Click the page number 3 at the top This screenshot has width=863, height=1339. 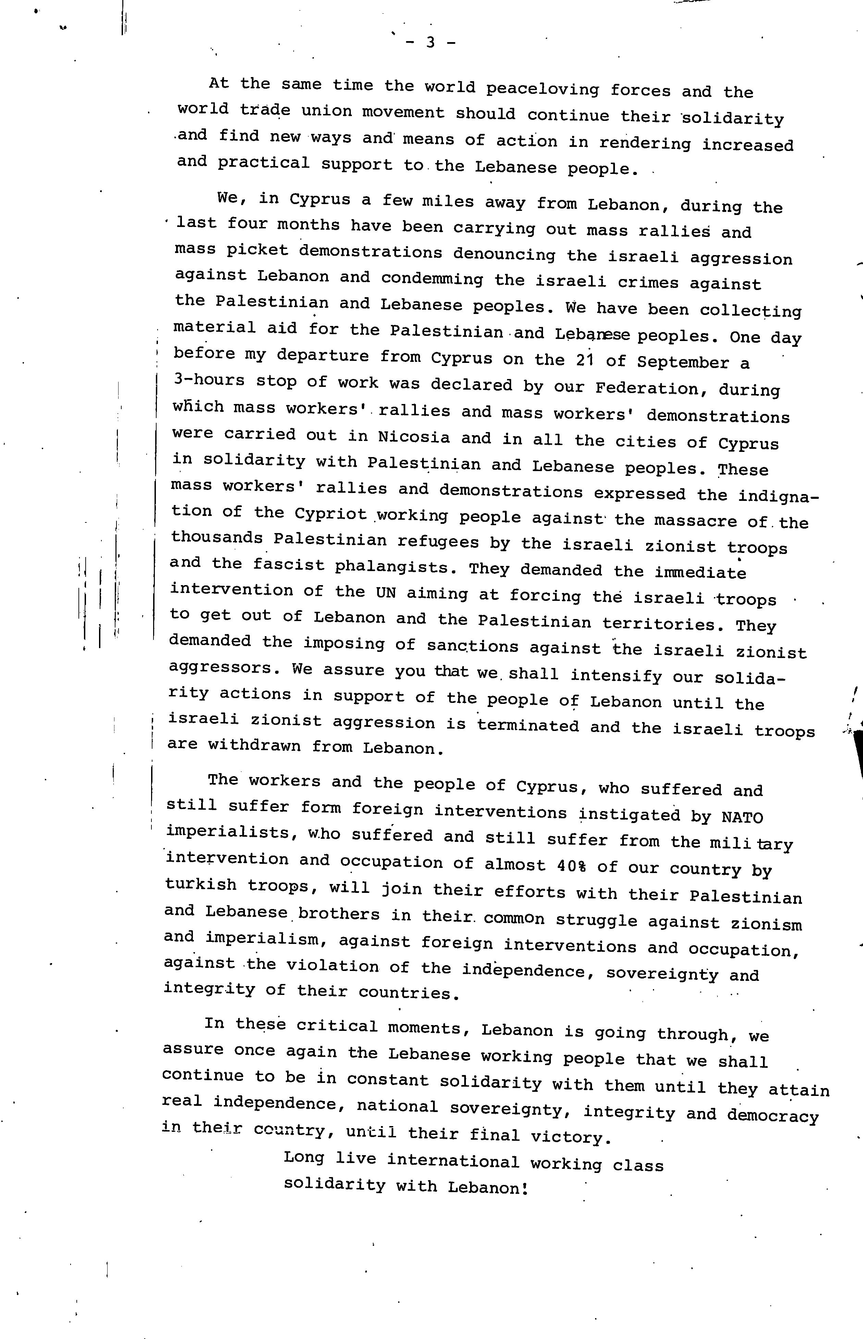coord(430,42)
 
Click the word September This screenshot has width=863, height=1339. coord(682,362)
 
